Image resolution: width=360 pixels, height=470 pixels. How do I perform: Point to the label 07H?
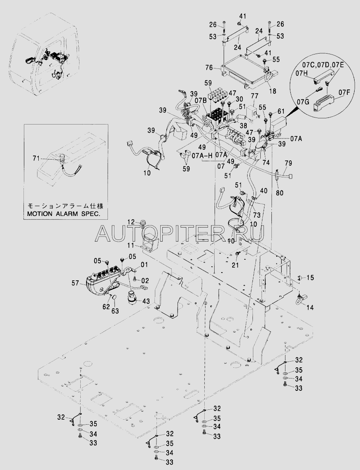click(303, 73)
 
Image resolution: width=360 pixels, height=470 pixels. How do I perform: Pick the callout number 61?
click(281, 111)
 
